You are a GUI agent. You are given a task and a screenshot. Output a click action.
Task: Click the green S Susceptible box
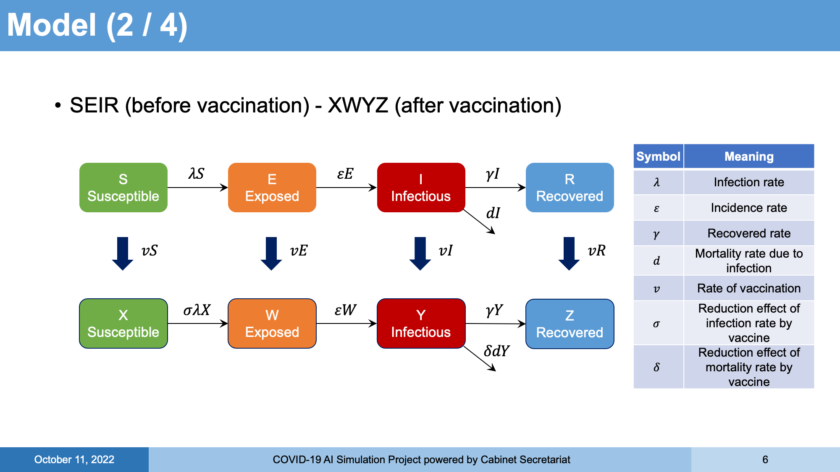(x=123, y=188)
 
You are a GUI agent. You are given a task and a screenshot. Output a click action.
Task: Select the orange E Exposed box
(x=272, y=188)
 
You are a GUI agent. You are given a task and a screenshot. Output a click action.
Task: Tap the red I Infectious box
(x=421, y=188)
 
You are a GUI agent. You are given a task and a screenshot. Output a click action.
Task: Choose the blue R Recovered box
(x=570, y=188)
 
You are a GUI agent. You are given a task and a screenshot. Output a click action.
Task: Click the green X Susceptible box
(x=123, y=323)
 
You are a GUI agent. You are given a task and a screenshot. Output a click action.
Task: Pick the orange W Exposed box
(x=272, y=323)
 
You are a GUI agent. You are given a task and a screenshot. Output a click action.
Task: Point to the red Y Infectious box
(x=421, y=323)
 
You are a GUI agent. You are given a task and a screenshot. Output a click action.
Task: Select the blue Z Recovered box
(x=570, y=324)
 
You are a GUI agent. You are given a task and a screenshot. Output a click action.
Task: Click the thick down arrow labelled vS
(x=123, y=253)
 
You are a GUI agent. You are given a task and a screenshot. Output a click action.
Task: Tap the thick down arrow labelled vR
(x=569, y=253)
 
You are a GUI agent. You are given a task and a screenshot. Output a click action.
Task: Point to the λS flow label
(x=196, y=173)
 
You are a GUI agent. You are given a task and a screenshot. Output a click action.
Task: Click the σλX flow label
(x=197, y=310)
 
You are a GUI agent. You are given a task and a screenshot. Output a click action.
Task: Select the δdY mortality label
(x=497, y=351)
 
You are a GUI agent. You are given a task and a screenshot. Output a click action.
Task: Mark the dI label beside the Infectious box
(x=493, y=213)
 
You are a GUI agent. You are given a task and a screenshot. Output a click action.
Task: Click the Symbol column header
(x=658, y=156)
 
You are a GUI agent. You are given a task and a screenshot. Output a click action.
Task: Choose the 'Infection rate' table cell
(x=749, y=182)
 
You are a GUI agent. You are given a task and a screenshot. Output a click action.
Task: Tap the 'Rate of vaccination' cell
(x=749, y=288)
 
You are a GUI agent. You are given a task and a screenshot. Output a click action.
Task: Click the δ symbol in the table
(x=656, y=367)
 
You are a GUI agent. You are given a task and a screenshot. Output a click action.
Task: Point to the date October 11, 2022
(x=74, y=459)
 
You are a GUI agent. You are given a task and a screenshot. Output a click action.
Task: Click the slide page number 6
(x=765, y=459)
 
